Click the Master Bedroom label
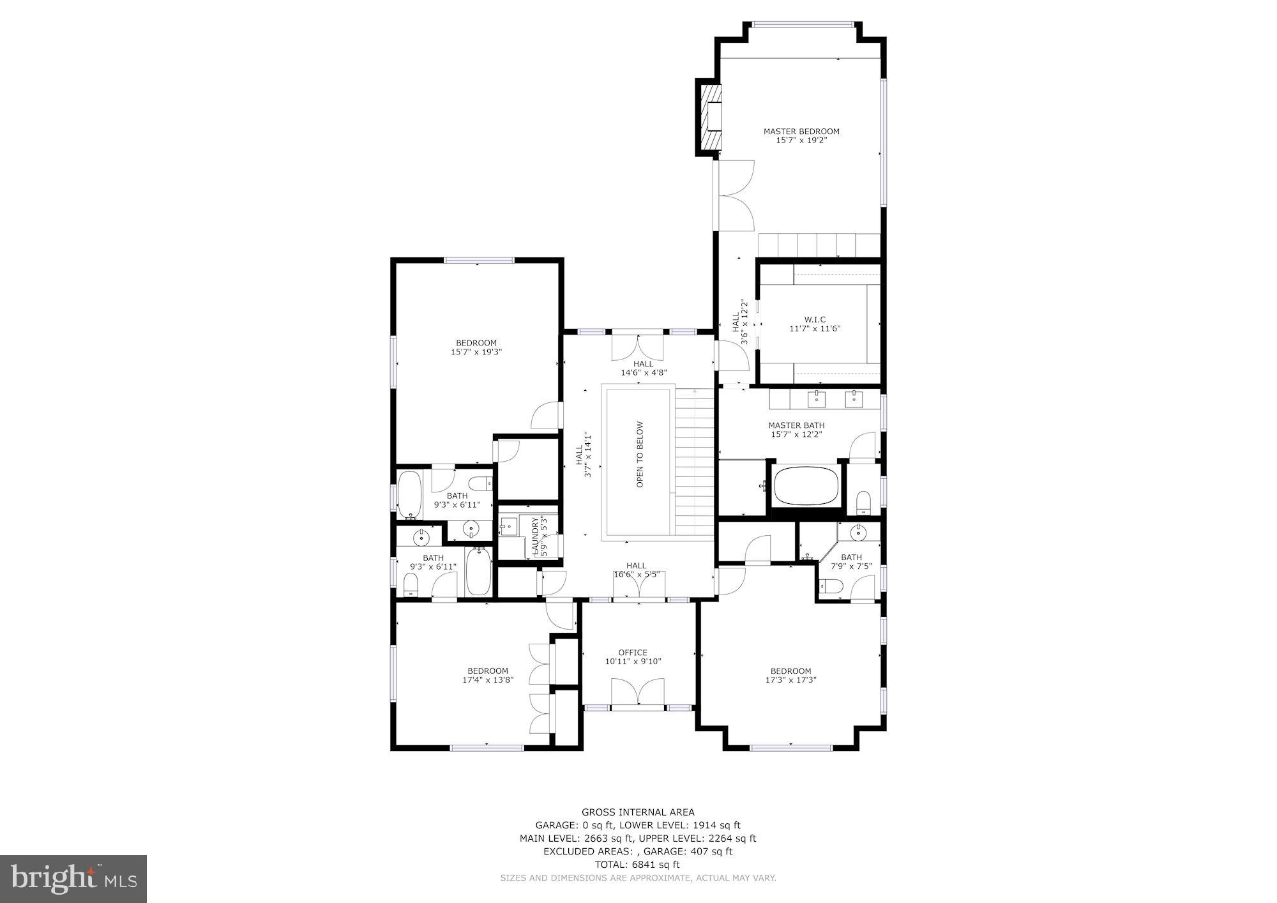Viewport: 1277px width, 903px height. pos(801,132)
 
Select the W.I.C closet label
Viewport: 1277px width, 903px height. pos(815,319)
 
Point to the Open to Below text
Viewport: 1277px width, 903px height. pos(640,455)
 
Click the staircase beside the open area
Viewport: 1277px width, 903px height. pos(694,463)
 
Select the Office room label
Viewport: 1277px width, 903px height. pos(633,653)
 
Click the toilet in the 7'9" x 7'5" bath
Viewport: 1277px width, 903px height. pos(830,586)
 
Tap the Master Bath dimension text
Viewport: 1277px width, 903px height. pos(796,434)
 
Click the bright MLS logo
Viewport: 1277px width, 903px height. pos(73,879)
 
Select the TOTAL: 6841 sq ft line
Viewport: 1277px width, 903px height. pos(637,864)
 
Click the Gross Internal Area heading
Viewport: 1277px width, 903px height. pos(638,812)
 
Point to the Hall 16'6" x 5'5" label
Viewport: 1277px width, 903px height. pos(636,570)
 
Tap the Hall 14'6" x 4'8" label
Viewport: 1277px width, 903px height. pos(644,368)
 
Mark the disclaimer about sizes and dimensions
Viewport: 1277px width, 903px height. pos(638,878)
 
